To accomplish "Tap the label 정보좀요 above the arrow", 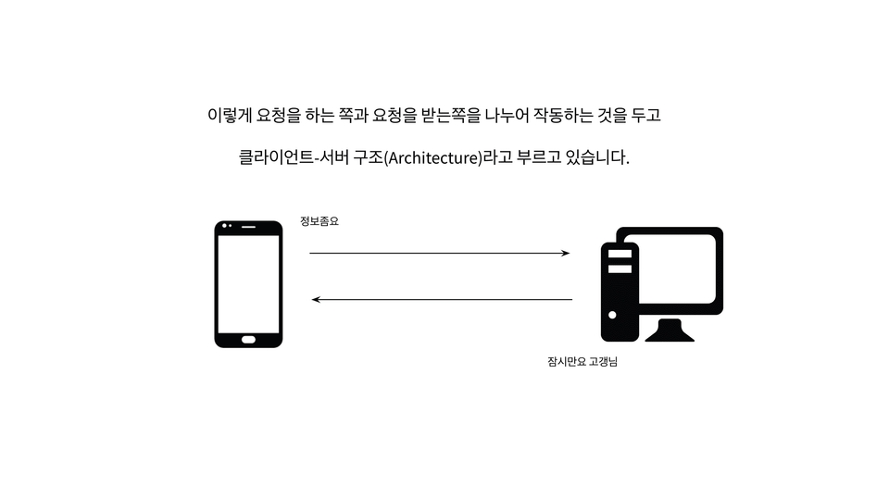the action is pos(319,221).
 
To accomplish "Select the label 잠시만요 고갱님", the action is pos(582,362).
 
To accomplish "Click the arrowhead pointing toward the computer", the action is pos(566,253).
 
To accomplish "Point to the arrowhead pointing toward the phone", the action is pos(316,299).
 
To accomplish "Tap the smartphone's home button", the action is pos(248,340).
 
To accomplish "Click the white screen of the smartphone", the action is pos(248,284).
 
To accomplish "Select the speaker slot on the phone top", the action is pos(248,227).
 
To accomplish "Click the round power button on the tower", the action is pos(612,315).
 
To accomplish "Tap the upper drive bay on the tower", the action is pos(620,254).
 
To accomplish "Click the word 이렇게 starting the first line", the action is pos(229,115).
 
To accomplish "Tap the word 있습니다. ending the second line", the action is pos(597,157).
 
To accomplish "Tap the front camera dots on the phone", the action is pos(227,226).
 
